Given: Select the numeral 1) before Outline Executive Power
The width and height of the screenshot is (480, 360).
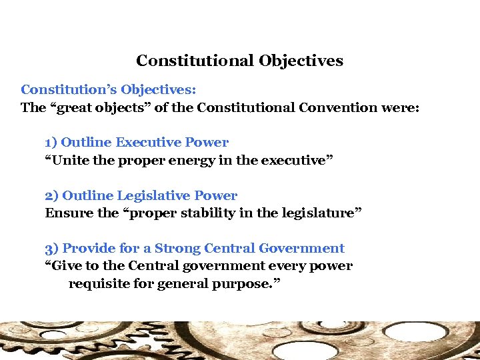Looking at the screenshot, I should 51,142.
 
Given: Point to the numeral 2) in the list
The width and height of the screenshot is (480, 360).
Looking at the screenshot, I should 52,195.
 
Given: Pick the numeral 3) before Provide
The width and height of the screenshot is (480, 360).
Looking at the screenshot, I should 52,249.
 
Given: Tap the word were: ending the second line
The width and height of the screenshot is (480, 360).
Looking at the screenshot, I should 401,108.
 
